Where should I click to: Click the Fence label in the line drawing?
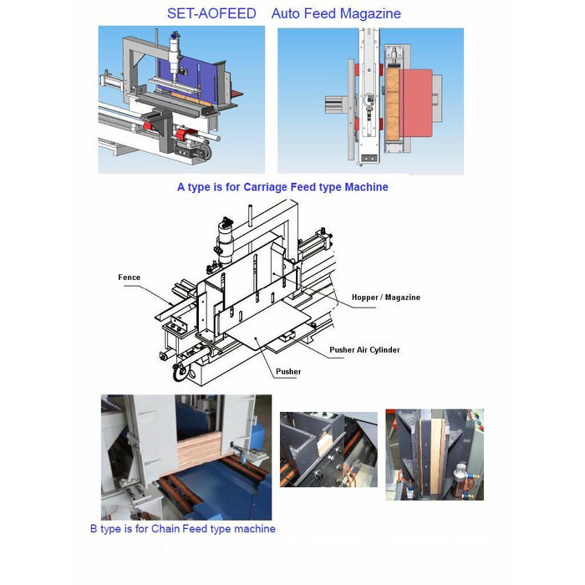point(129,277)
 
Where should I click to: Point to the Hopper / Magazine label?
point(385,298)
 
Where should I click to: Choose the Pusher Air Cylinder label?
point(364,349)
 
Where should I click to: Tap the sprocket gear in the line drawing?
point(178,365)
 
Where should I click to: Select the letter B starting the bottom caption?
point(94,528)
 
